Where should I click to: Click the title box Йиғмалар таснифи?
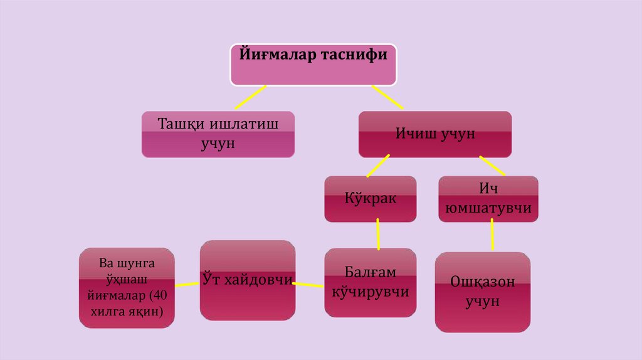(313, 65)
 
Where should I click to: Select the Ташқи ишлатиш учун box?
(218, 134)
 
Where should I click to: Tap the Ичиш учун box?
(434, 134)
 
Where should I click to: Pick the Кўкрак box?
(371, 199)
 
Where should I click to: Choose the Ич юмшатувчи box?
(488, 199)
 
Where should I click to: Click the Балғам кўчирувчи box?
(371, 282)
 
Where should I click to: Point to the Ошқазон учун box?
(482, 292)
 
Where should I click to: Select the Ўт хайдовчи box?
(248, 280)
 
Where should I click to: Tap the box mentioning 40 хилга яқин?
(127, 287)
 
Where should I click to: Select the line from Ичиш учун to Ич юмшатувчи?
(494, 166)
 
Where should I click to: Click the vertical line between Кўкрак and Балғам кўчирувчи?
(378, 233)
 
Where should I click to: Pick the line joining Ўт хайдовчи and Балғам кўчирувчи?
(310, 285)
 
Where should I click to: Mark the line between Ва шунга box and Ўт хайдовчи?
(187, 284)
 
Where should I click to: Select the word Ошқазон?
(483, 282)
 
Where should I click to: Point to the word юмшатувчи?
(488, 208)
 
